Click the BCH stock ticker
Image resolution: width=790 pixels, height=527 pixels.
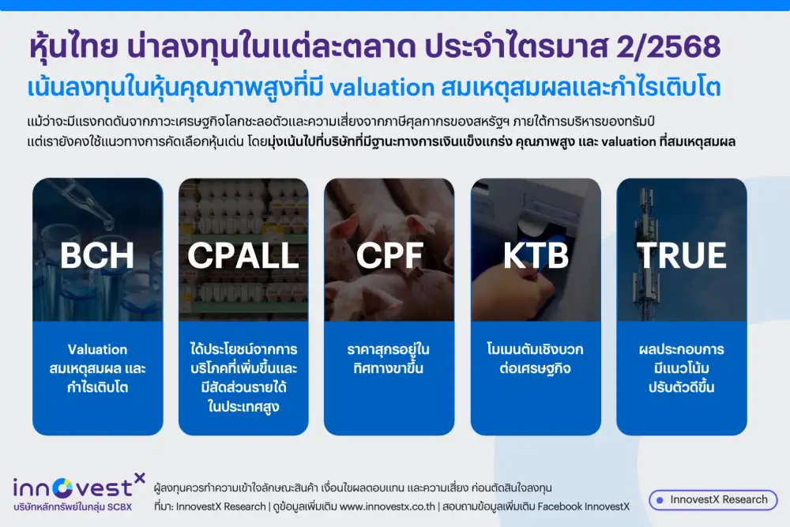[97, 255]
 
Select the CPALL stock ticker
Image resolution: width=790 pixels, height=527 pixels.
[243, 255]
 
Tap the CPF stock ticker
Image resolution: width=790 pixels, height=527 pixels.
[389, 255]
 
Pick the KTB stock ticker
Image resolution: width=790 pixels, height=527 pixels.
[536, 255]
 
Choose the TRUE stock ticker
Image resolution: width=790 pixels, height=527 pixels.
[681, 255]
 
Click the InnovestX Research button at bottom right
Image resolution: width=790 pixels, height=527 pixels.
[713, 499]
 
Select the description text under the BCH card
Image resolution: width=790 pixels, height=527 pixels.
[98, 368]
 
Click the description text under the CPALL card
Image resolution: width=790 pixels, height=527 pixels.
[243, 378]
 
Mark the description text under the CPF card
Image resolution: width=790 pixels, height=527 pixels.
[389, 359]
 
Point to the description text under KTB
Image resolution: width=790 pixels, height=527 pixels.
[536, 359]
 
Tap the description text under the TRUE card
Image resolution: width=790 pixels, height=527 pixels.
[681, 368]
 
